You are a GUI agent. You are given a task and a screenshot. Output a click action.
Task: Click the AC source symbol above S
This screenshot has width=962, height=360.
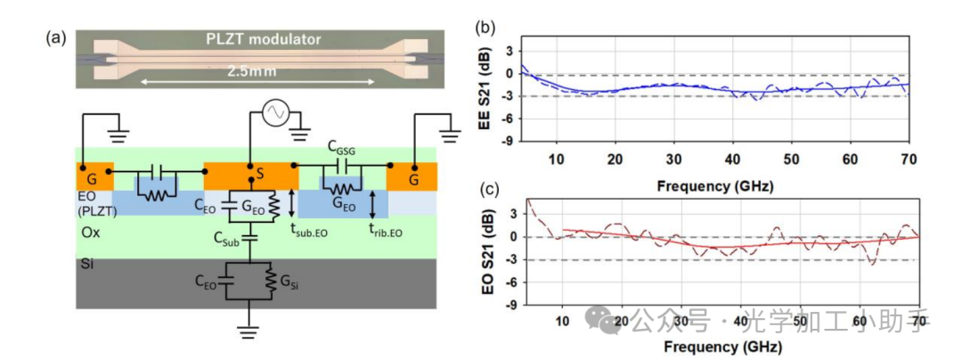[x=274, y=112]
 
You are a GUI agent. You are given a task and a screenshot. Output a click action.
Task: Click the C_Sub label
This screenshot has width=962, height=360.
[x=230, y=238]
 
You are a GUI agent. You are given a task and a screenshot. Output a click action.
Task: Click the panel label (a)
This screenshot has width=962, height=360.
[x=55, y=37]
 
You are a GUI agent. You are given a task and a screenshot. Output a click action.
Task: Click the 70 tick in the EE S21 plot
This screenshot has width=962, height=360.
[x=909, y=159]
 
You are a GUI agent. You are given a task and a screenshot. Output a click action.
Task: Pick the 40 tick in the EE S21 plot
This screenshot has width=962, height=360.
[x=732, y=159]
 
